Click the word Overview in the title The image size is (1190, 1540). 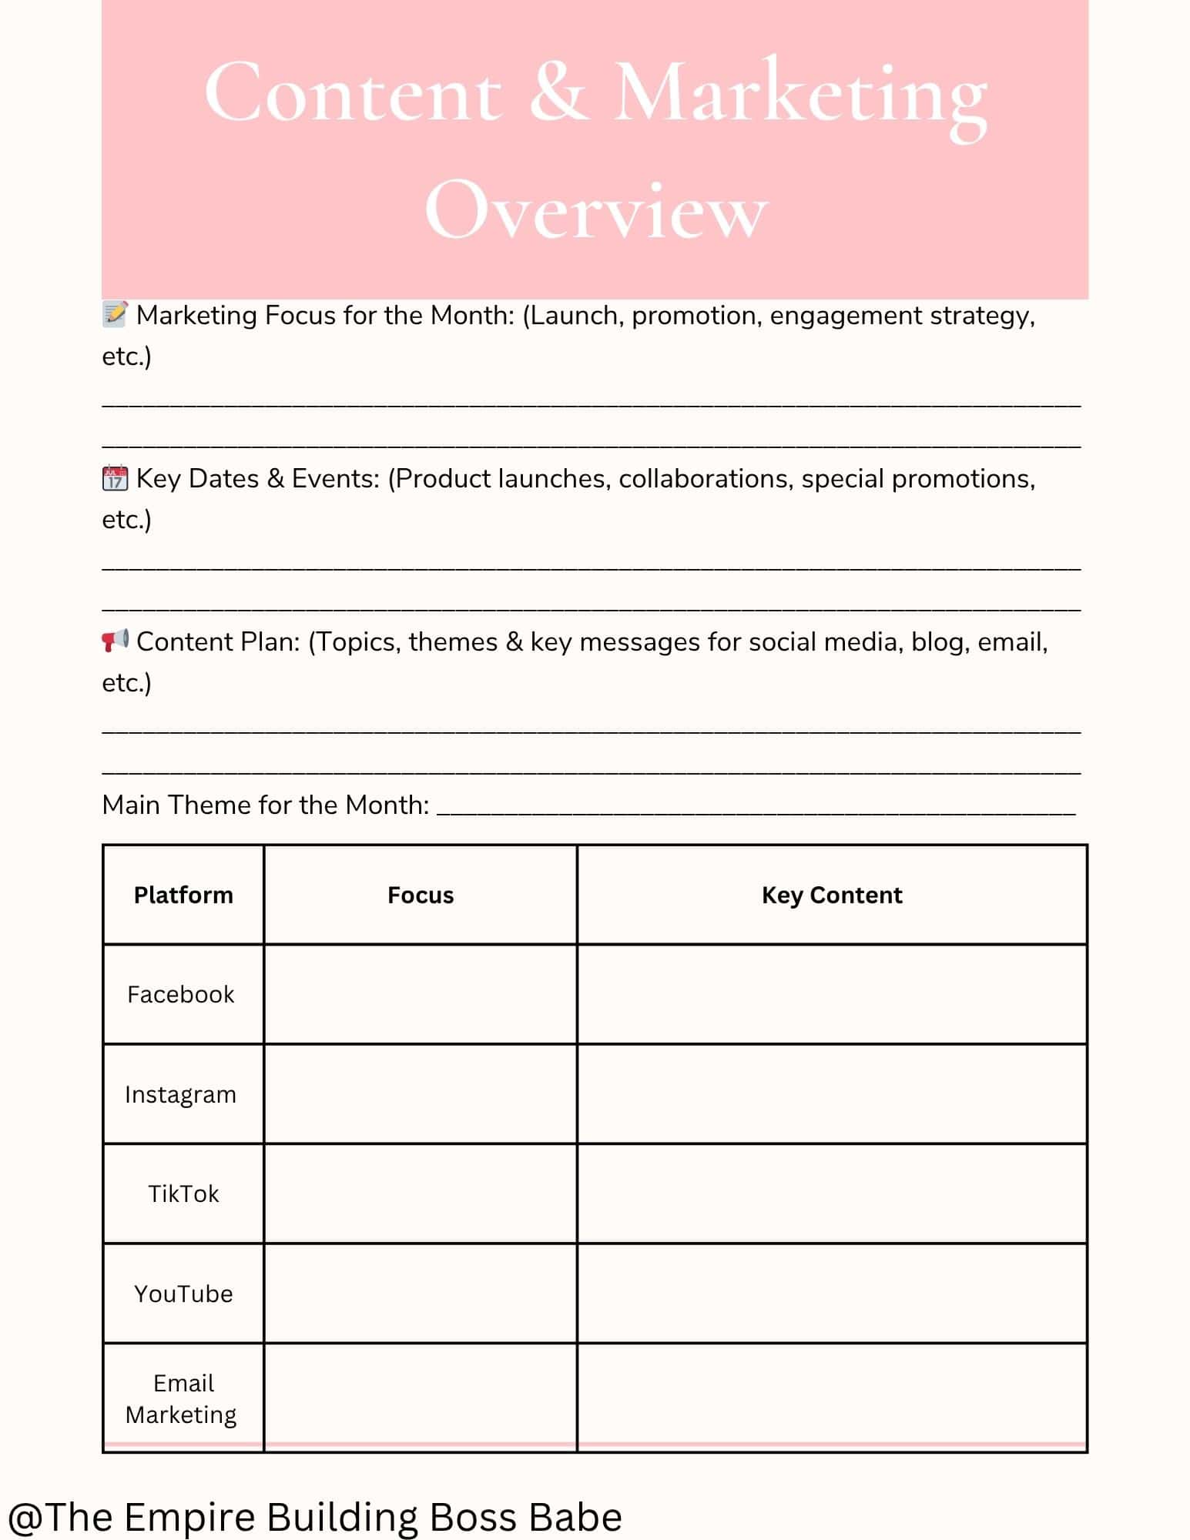[595, 210]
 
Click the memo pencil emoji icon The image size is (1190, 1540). [115, 314]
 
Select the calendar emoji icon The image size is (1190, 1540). [115, 478]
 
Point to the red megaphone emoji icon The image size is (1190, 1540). [115, 641]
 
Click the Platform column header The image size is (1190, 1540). [183, 895]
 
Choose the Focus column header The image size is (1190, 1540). [421, 895]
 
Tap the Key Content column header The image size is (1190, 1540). [832, 895]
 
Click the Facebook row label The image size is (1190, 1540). [181, 994]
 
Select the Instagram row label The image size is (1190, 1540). [181, 1094]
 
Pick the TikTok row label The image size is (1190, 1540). [183, 1193]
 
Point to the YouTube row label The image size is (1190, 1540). [183, 1294]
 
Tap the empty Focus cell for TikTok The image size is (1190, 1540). [421, 1193]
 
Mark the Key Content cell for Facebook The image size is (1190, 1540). [832, 994]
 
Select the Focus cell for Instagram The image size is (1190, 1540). [421, 1094]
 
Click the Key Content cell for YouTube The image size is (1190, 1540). [832, 1294]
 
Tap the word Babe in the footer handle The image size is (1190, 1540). [576, 1517]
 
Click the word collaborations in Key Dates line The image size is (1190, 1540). [705, 478]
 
